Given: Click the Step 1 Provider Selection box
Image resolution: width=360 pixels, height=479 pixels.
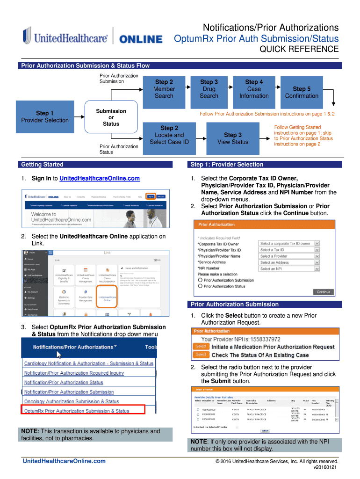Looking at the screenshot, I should point(45,117).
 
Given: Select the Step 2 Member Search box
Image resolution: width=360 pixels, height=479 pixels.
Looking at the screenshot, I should point(164,89).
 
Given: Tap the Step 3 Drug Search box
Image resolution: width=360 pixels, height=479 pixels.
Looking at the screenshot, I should point(209,89).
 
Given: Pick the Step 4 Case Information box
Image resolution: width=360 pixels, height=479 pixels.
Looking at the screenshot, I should point(254,89).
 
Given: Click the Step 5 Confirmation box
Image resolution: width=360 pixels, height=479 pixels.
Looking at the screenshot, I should point(302,92).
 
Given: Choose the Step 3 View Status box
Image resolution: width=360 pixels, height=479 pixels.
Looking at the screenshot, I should point(233,138).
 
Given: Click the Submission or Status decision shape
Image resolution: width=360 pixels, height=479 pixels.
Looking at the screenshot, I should point(111,117).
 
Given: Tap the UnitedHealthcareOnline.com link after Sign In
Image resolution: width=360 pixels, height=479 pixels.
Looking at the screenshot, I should point(100,178).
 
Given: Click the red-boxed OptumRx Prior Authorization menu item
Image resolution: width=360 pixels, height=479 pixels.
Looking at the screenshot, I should point(83,411).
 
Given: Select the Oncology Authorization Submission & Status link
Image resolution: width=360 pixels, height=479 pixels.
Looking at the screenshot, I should point(72,401).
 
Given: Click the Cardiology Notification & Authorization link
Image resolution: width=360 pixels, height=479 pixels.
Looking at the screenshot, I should point(89,363).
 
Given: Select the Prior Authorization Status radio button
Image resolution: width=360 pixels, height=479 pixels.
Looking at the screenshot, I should point(201,286).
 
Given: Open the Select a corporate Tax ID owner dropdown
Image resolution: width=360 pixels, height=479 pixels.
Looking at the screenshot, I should point(289,244).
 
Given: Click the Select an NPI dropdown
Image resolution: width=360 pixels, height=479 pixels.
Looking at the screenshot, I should point(289,269).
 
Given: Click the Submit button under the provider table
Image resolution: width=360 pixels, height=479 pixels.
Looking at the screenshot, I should point(265,430).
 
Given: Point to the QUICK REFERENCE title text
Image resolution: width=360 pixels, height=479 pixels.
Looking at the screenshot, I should point(299,49).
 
